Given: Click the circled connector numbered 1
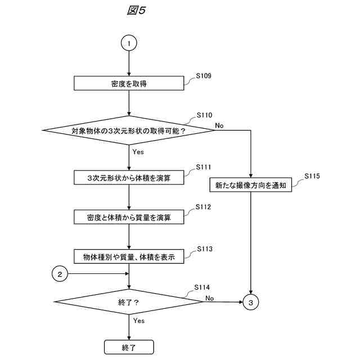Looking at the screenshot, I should tap(129, 43).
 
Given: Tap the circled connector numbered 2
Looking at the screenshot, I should tap(60, 274).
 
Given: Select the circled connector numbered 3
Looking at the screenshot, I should tap(251, 302).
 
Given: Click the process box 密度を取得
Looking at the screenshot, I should tap(129, 83).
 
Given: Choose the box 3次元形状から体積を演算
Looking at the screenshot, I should tap(129, 177).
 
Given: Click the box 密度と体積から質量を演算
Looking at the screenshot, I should tap(129, 216).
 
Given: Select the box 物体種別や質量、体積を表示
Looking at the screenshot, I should tap(129, 256).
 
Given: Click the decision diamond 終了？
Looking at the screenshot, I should tap(129, 302).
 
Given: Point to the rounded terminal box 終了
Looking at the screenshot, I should tap(129, 347).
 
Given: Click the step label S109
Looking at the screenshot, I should tap(204, 75).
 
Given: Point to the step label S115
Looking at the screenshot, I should tap(312, 176).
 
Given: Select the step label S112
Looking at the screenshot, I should tap(204, 207).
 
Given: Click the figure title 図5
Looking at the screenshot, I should tap(136, 11).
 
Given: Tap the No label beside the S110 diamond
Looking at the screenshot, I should tap(219, 125).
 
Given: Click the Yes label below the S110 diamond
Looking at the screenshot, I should tap(138, 152).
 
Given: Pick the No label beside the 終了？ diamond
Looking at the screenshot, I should tap(209, 298).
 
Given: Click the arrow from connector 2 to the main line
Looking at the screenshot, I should tap(98, 274).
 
